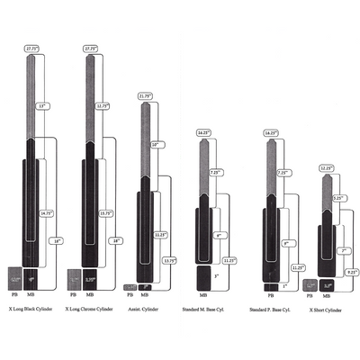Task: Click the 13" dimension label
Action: [43, 105]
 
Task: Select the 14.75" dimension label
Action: [47, 213]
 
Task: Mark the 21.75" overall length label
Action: [147, 95]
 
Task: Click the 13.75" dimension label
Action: [168, 261]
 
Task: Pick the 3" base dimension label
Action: [216, 275]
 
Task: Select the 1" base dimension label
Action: [286, 286]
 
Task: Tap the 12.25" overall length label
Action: [326, 167]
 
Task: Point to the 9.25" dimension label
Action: [353, 271]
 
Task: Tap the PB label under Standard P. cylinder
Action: [270, 294]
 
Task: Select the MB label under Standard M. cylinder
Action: [203, 294]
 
